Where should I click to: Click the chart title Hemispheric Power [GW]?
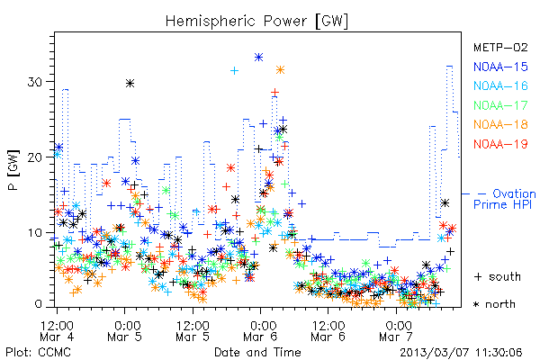click(x=256, y=22)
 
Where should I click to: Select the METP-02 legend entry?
click(x=500, y=47)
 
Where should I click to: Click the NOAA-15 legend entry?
click(x=500, y=67)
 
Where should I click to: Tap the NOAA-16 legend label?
click(x=500, y=85)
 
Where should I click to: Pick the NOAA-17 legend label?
click(x=500, y=105)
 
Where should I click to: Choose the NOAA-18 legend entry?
click(x=500, y=124)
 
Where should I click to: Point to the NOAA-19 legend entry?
click(x=500, y=144)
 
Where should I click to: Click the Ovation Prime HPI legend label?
click(x=505, y=199)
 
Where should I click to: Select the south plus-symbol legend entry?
click(x=497, y=276)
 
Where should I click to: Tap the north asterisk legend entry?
click(x=494, y=304)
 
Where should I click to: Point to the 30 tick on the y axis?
click(x=36, y=82)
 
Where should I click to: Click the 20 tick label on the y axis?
click(x=36, y=157)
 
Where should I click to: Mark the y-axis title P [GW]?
click(x=13, y=170)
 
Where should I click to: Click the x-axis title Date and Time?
click(x=257, y=352)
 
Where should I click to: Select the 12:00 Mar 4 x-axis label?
click(x=57, y=330)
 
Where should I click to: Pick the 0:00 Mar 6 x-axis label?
click(x=261, y=330)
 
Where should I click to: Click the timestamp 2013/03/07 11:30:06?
click(x=461, y=353)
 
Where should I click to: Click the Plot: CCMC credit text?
click(x=38, y=352)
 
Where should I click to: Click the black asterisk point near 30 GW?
click(x=130, y=83)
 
